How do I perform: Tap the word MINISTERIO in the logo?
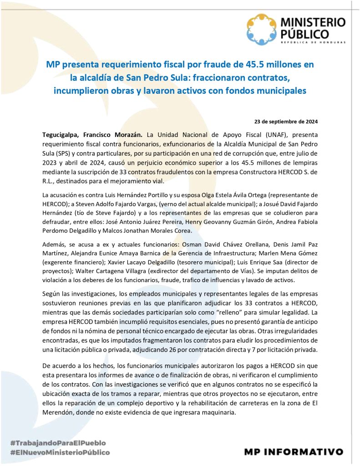click(313, 22)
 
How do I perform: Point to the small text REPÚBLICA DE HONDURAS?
click(313, 42)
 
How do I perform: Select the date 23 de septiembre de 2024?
click(286, 121)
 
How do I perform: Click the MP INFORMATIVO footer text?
click(294, 451)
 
